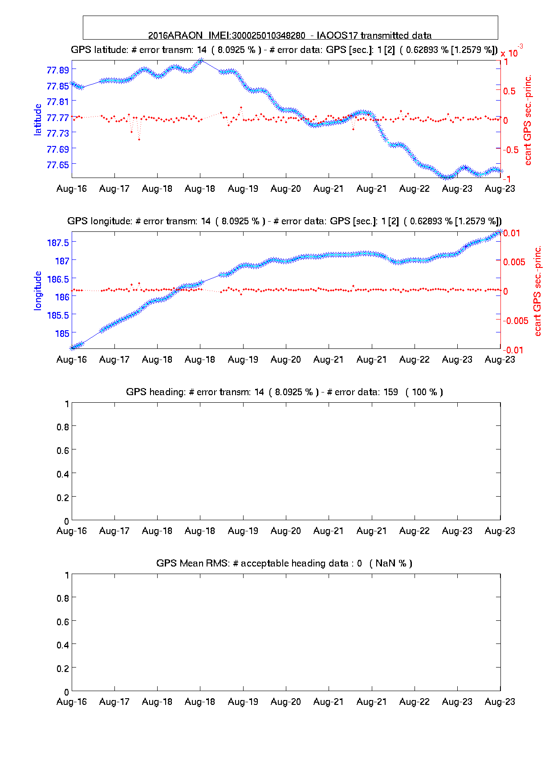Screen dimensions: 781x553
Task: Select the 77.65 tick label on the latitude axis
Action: click(58, 165)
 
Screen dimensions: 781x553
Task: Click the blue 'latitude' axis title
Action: click(38, 119)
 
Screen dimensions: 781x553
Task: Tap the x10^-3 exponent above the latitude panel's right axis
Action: click(512, 52)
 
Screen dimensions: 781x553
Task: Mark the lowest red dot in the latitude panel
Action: click(139, 140)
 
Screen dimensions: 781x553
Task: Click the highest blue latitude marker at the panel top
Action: click(201, 60)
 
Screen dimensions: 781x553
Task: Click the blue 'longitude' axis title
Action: click(38, 290)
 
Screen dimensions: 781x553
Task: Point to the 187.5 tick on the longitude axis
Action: click(58, 243)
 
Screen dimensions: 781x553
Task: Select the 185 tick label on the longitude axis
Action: click(62, 333)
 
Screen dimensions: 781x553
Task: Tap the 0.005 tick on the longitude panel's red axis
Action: click(514, 262)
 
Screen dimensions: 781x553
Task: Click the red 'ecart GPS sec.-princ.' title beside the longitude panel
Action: click(537, 291)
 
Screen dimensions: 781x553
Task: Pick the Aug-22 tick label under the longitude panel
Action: click(415, 360)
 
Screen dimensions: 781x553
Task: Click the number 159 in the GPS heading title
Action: click(390, 392)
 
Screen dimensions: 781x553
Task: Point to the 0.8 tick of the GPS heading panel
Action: click(63, 427)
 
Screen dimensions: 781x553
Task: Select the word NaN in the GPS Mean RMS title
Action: click(386, 563)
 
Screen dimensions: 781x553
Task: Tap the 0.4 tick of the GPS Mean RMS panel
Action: click(63, 645)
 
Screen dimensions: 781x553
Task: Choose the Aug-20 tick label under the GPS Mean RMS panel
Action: click(286, 702)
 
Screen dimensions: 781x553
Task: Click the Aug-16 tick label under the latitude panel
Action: click(72, 189)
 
